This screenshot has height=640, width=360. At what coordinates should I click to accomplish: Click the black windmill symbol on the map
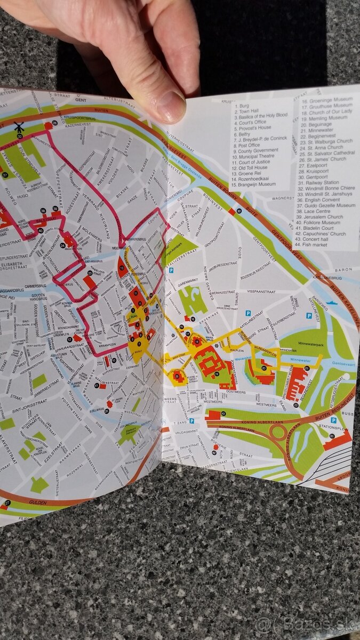click(19, 128)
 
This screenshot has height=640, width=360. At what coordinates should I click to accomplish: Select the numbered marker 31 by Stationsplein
click(332, 436)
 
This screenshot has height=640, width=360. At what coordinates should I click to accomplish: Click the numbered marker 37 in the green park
click(5, 174)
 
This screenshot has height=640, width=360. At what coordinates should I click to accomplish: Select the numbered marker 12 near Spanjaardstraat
click(69, 339)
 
